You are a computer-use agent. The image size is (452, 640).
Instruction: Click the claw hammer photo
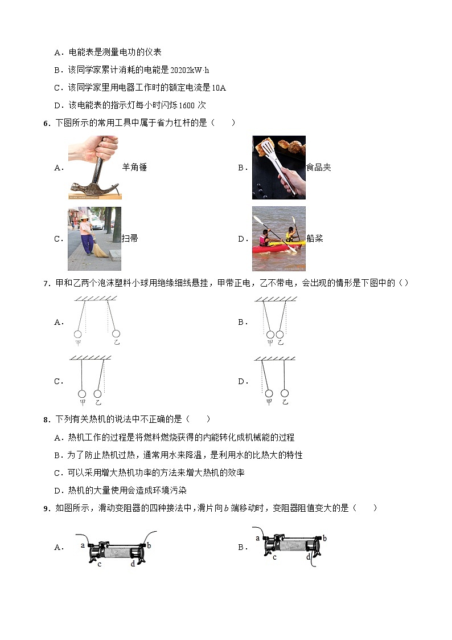(x=94, y=168)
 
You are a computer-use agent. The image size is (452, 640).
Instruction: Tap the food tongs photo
(x=279, y=168)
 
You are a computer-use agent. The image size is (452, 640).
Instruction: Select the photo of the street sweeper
(x=94, y=238)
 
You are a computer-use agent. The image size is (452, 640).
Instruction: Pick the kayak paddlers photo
(x=279, y=238)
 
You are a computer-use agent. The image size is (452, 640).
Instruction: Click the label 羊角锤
(x=134, y=168)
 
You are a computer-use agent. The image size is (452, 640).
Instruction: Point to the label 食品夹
(x=319, y=168)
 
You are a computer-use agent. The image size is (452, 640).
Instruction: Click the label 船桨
(x=315, y=239)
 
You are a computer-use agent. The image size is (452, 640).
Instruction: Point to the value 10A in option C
(x=219, y=88)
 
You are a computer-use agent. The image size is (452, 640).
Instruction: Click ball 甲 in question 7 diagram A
(x=78, y=333)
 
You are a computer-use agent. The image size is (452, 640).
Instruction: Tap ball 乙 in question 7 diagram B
(x=280, y=333)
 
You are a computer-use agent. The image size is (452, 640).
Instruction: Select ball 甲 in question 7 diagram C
(x=82, y=393)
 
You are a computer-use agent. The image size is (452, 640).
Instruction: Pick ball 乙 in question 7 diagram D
(x=285, y=393)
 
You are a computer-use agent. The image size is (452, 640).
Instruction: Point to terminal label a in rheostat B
(x=257, y=537)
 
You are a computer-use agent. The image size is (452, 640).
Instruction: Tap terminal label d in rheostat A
(x=133, y=564)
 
